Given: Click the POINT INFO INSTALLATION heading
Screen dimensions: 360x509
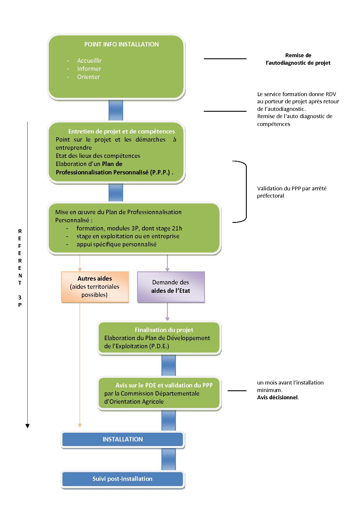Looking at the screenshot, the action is tap(121, 44).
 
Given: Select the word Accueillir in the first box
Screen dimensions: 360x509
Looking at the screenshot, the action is tap(89, 61).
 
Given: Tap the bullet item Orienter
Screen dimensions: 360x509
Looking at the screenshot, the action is tap(89, 77).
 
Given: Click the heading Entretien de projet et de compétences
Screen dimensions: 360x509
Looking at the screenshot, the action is tap(122, 131).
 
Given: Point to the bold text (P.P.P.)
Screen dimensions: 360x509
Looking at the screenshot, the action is tap(160, 172).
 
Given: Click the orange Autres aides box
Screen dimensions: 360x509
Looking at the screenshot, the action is tap(95, 287).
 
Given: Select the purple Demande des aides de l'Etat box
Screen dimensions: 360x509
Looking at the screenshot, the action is tap(171, 287).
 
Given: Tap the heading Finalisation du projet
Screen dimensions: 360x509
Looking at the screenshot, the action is tap(164, 330).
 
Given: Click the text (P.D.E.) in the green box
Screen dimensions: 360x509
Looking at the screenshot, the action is tap(159, 346).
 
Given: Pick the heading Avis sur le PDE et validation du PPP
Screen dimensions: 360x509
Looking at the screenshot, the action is tap(164, 385).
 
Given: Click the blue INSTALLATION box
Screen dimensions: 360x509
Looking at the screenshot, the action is tap(123, 439).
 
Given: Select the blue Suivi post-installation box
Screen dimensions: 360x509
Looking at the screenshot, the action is tap(123, 479).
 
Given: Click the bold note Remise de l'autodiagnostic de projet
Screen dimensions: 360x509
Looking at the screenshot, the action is tap(298, 59).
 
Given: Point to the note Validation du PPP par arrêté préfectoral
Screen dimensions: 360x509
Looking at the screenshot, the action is tap(292, 192).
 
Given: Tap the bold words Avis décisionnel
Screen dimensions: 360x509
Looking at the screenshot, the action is tap(278, 398).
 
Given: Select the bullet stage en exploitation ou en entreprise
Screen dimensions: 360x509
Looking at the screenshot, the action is tap(128, 236).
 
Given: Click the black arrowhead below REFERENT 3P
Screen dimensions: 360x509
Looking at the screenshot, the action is tap(28, 426).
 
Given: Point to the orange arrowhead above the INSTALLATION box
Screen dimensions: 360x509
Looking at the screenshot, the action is tap(80, 425).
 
